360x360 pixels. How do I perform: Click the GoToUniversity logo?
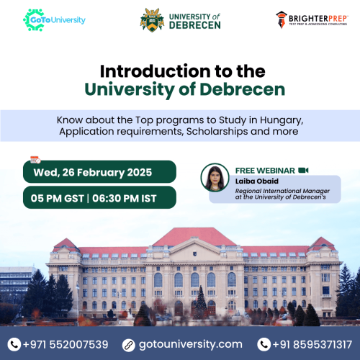[x=54, y=20]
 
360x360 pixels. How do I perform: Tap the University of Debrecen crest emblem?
[x=152, y=20]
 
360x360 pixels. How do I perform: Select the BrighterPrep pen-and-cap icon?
[x=282, y=20]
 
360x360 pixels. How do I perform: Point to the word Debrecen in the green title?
[x=243, y=89]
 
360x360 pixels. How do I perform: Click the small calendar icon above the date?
[x=35, y=160]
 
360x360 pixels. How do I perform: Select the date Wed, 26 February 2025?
[x=93, y=173]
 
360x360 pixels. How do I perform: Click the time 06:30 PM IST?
[x=125, y=199]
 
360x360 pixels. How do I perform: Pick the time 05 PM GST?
[x=57, y=199]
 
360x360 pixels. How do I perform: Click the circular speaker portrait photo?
[x=215, y=178]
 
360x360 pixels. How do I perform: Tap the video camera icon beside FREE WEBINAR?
[x=303, y=170]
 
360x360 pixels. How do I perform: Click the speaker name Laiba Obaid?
[x=257, y=181]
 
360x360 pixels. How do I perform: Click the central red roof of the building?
[x=194, y=237]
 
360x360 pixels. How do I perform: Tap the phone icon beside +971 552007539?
[x=14, y=344]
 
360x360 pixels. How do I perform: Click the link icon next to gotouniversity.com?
[x=129, y=345]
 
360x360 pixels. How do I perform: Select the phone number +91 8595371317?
[x=312, y=344]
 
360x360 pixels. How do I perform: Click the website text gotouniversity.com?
[x=191, y=345]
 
